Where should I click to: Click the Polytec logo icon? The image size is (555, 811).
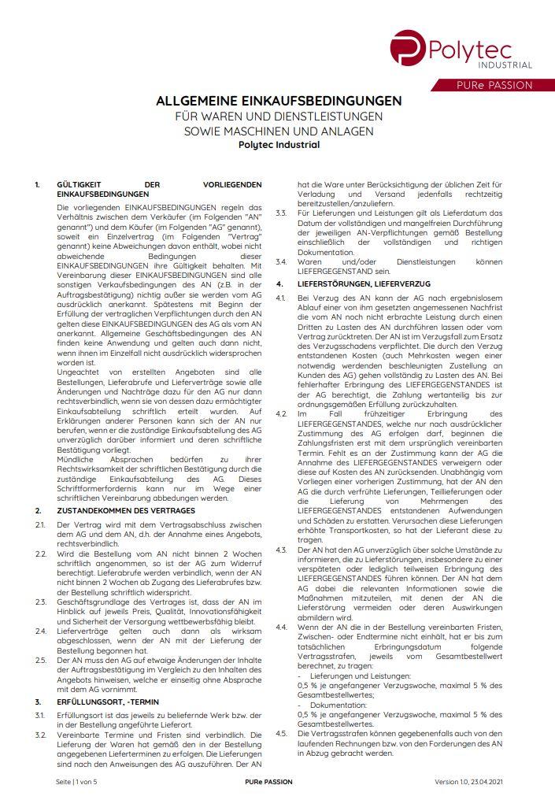(x=408, y=48)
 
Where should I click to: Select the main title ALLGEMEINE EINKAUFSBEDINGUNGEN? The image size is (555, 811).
(x=279, y=101)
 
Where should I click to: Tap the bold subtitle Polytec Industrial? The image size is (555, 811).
(x=279, y=144)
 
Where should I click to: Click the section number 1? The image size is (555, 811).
(x=37, y=184)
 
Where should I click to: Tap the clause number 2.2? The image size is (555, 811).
(x=40, y=554)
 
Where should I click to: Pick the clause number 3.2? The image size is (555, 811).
(x=40, y=735)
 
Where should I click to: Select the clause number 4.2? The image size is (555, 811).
(x=281, y=413)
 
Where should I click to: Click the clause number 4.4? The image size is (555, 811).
(x=281, y=625)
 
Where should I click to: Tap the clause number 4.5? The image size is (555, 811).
(x=281, y=733)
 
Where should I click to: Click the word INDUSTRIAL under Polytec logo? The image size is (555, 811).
(x=505, y=65)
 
